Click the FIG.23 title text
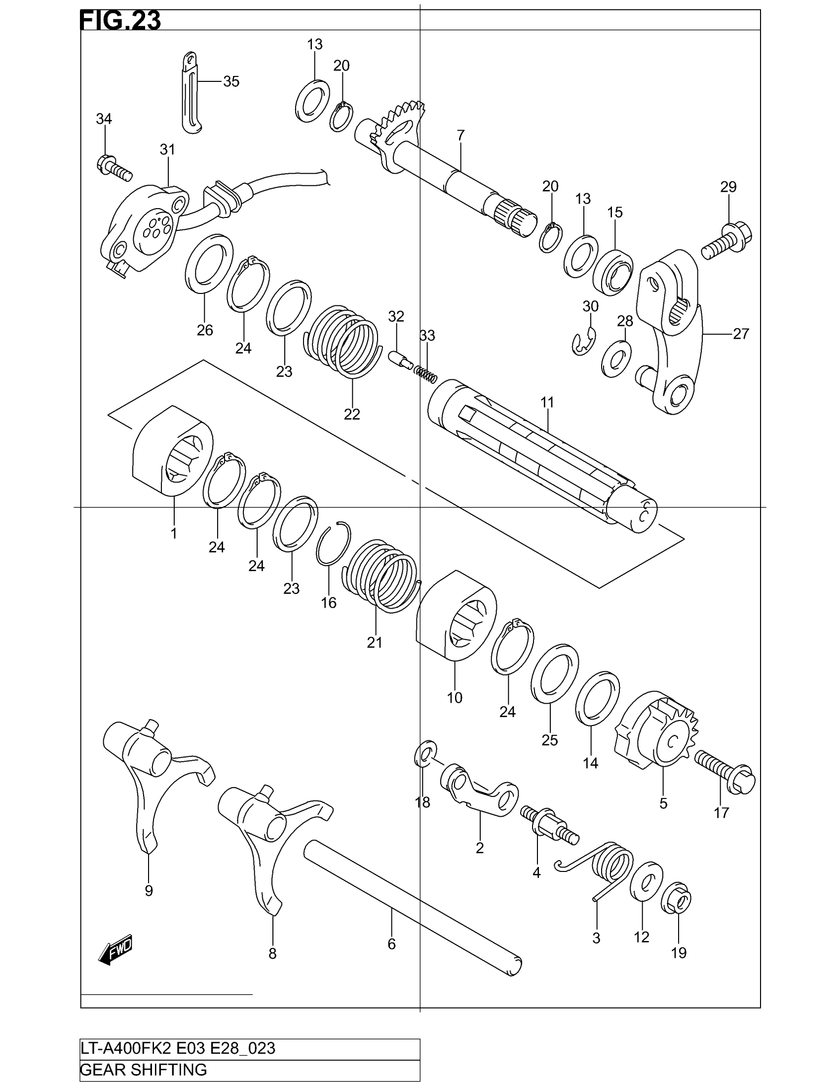tap(120, 21)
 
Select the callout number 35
tap(231, 81)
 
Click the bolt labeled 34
tap(114, 167)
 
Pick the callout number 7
tap(460, 135)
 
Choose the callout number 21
tap(374, 642)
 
